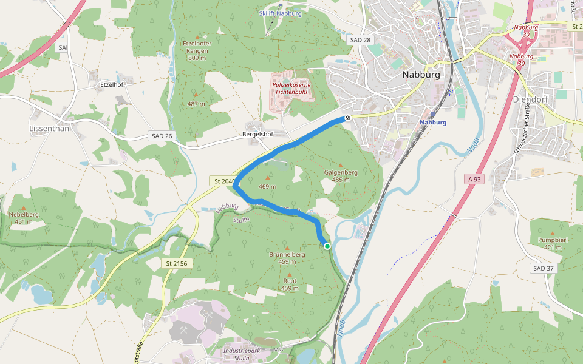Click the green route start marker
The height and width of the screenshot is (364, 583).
(x=327, y=246)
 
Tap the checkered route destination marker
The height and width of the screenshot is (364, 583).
(x=348, y=119)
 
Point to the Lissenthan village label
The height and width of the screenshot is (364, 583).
(x=49, y=129)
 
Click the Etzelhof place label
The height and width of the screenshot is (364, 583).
(x=112, y=84)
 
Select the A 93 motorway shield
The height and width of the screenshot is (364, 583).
(x=475, y=179)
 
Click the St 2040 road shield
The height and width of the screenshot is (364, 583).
(x=223, y=181)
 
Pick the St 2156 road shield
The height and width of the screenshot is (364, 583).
(x=176, y=263)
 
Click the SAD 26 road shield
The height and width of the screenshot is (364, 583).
(x=160, y=136)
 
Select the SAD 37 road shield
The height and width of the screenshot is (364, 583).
(x=544, y=268)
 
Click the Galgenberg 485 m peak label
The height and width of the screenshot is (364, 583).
(x=340, y=176)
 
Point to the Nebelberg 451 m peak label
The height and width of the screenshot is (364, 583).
(x=24, y=218)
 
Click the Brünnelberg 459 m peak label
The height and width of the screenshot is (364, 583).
(x=287, y=258)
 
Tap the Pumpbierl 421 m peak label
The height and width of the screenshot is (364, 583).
(x=552, y=243)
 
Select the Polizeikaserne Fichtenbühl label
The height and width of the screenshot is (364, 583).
(x=292, y=89)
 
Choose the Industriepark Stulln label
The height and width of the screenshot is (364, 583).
(x=244, y=354)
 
